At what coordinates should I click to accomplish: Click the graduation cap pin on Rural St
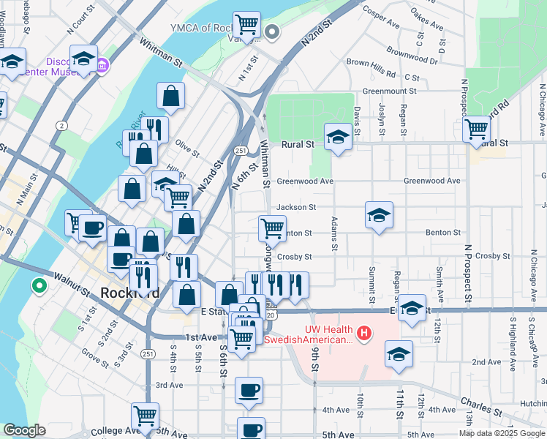(338, 137)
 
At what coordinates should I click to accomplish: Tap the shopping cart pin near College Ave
(146, 416)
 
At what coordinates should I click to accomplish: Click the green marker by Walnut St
(38, 285)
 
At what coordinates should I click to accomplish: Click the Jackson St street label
(296, 208)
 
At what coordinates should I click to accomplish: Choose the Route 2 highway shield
(62, 126)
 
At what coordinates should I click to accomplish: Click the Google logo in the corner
(24, 430)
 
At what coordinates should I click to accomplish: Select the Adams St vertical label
(334, 234)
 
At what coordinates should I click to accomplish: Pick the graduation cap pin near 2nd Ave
(399, 354)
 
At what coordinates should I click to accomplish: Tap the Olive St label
(187, 149)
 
